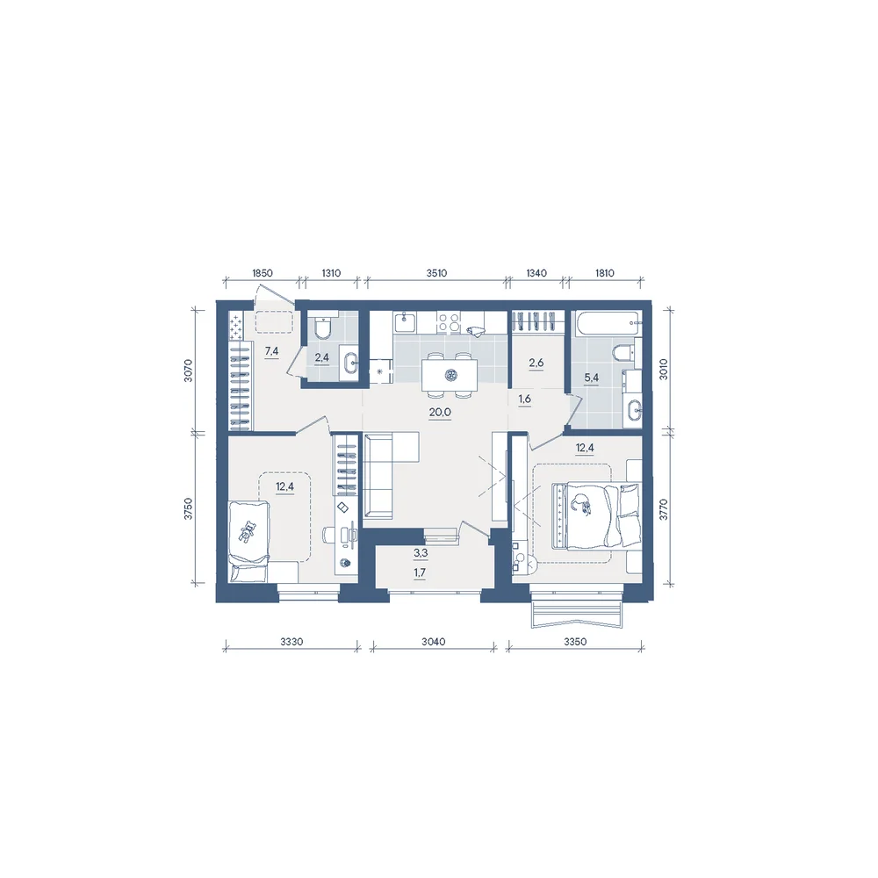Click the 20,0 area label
tap(440, 413)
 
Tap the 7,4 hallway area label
tap(271, 351)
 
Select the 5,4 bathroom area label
tap(591, 378)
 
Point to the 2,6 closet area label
tap(536, 363)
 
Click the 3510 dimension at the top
tap(436, 273)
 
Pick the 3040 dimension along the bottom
tap(434, 642)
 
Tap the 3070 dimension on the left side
tap(188, 371)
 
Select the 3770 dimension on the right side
tap(663, 509)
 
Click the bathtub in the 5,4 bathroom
tap(606, 323)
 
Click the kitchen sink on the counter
tap(404, 322)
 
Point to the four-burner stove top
tap(449, 322)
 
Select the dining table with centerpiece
tap(449, 375)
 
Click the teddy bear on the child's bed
tap(246, 531)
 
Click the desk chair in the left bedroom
tap(329, 534)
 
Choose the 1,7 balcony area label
tap(420, 572)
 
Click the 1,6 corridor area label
tap(525, 399)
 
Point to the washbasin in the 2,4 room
tap(350, 360)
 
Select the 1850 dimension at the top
tap(262, 273)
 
